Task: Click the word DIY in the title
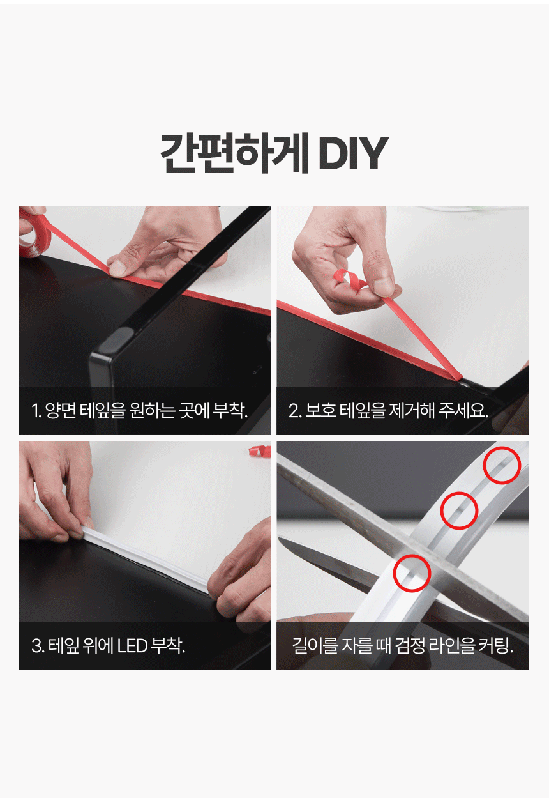tap(353, 153)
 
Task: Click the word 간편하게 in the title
tap(234, 153)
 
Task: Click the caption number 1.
tap(36, 411)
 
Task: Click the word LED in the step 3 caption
tap(132, 645)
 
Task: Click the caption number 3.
tap(36, 646)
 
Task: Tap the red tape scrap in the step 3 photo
tap(260, 450)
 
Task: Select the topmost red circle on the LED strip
tap(502, 465)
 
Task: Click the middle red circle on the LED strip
tap(459, 510)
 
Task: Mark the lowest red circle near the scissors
tap(412, 573)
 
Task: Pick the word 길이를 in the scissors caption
tap(315, 645)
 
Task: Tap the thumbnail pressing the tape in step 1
tap(118, 268)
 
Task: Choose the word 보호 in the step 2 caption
tap(321, 410)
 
